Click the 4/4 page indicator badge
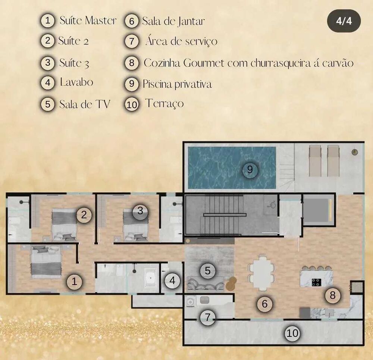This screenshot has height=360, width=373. click(344, 21)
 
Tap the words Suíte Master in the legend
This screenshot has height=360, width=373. click(88, 20)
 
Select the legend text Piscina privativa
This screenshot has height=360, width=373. click(177, 84)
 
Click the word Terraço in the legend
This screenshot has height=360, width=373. click(164, 103)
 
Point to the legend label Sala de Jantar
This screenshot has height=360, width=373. click(173, 21)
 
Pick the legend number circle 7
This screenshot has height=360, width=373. click(132, 41)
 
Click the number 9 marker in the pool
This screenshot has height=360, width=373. click(250, 170)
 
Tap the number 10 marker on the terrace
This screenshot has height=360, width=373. click(292, 333)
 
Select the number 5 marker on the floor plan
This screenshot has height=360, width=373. click(208, 270)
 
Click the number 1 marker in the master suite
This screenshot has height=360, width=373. click(74, 282)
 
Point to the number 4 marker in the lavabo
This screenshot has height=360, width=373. click(172, 281)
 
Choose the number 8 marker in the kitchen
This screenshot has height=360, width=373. click(333, 295)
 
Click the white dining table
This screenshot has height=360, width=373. click(262, 273)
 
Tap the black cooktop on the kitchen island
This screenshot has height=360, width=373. click(317, 282)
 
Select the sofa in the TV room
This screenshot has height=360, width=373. click(206, 284)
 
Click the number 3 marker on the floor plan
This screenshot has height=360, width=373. click(140, 210)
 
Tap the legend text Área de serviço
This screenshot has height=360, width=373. click(181, 41)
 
